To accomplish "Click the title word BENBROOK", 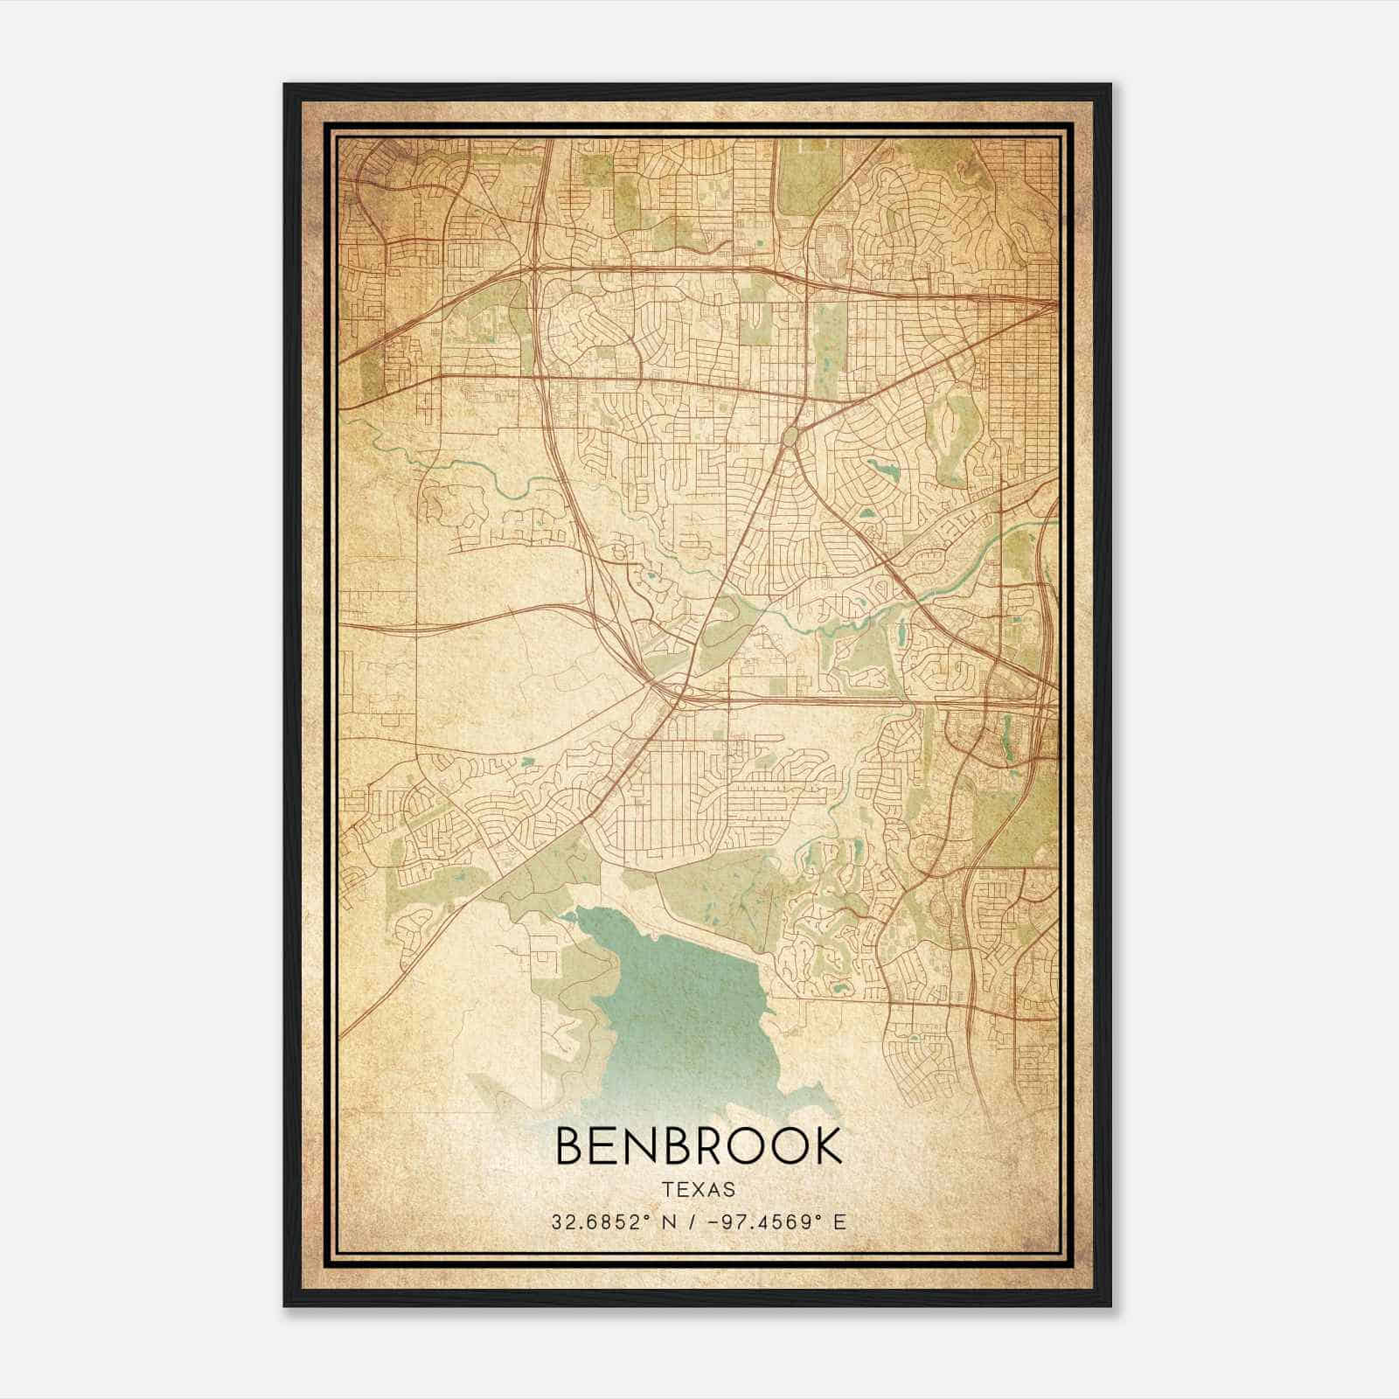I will click(x=699, y=1146).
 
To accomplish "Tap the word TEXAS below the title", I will click(x=699, y=1189).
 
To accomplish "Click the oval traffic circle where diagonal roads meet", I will click(x=790, y=435).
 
